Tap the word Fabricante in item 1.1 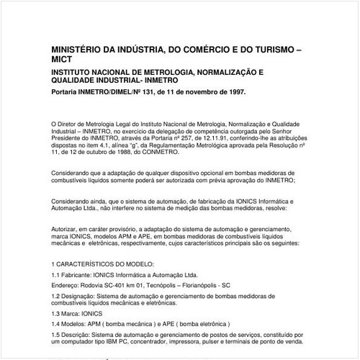[x=81, y=275]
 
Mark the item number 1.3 [x=58, y=315]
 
